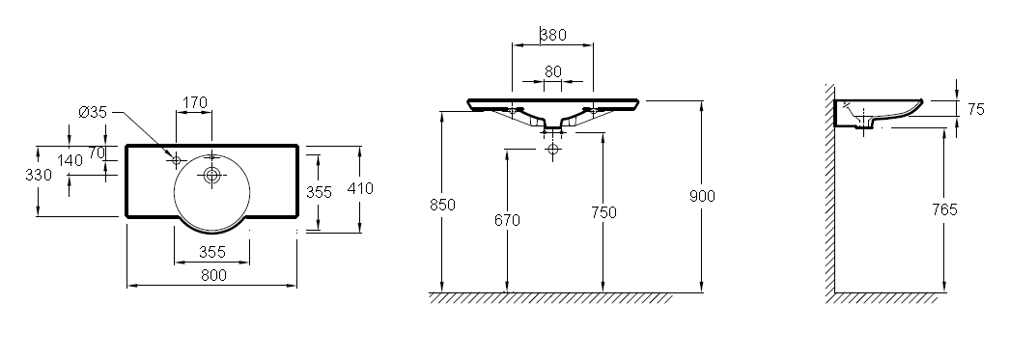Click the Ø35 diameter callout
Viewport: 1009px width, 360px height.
tap(92, 113)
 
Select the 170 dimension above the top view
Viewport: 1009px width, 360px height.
tap(195, 102)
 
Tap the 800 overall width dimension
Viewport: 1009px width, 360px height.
tap(213, 275)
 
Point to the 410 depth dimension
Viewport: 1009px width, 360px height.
tap(360, 188)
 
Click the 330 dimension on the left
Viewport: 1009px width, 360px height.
tap(39, 175)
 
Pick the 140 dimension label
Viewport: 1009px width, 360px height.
tap(70, 160)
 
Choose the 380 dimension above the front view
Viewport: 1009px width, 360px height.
tap(553, 35)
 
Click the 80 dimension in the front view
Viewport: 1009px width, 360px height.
tap(553, 71)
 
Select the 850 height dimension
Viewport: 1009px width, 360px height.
tap(443, 205)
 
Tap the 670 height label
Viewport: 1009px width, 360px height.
tap(507, 220)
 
